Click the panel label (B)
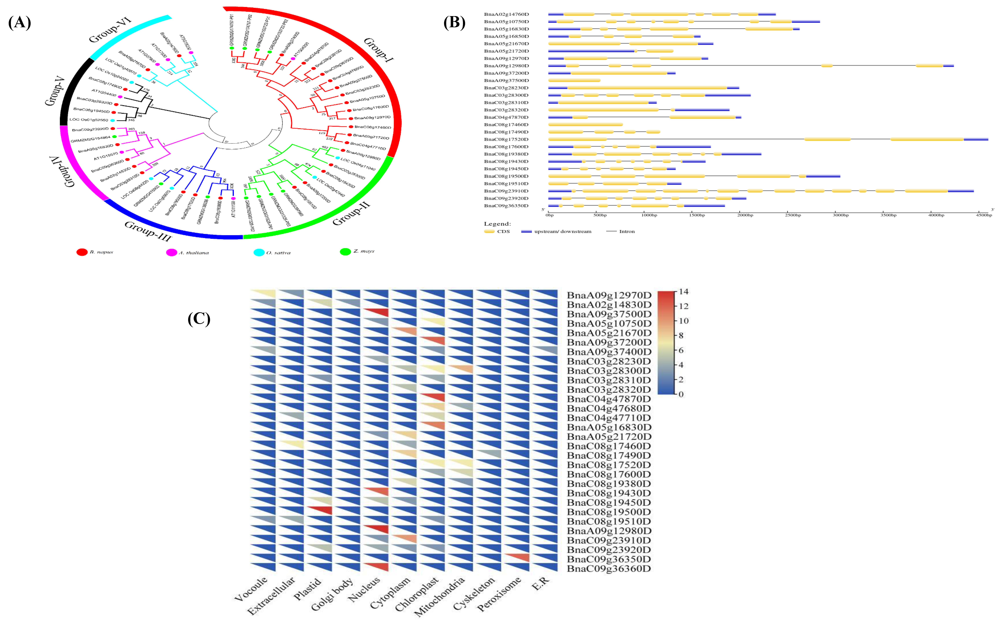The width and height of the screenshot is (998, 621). (454, 23)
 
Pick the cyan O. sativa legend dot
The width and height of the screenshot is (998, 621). (259, 252)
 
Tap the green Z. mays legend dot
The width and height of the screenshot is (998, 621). (345, 251)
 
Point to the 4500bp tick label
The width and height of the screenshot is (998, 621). (984, 215)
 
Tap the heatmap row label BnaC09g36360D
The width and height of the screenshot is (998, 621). (609, 569)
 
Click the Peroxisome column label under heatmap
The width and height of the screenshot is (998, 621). (499, 593)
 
